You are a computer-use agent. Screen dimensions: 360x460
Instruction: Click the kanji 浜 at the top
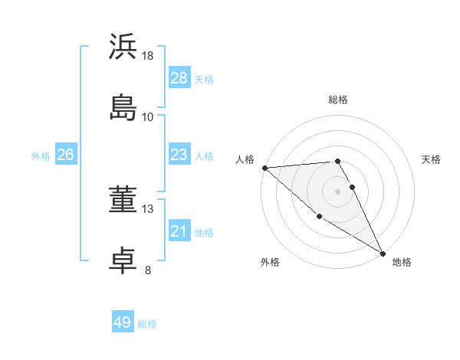(x=123, y=47)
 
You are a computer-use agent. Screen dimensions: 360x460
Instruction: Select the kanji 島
(x=123, y=106)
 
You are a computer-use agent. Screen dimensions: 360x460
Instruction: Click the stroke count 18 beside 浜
(x=148, y=56)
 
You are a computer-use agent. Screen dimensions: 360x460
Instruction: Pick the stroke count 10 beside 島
(x=148, y=116)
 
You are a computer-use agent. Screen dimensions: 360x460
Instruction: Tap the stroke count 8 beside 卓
(x=148, y=270)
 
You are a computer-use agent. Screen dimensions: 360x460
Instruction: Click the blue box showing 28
(x=179, y=78)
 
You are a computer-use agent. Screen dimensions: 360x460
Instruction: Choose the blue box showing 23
(x=179, y=155)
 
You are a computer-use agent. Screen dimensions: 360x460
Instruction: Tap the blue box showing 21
(x=179, y=231)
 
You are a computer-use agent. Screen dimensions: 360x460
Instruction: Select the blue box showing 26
(x=66, y=155)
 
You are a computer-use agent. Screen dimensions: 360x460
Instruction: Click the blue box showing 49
(x=123, y=322)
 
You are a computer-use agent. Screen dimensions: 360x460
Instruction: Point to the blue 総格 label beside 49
(x=148, y=324)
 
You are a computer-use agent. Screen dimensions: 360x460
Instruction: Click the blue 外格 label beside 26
(x=41, y=156)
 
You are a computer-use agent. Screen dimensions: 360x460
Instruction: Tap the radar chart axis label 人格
(x=245, y=159)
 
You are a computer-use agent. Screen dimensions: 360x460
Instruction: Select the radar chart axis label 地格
(x=402, y=262)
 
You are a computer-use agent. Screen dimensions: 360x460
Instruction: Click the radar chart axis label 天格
(x=431, y=159)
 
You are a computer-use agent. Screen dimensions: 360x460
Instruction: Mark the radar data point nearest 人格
(x=264, y=168)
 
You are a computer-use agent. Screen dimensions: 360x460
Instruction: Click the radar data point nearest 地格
(x=383, y=253)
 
